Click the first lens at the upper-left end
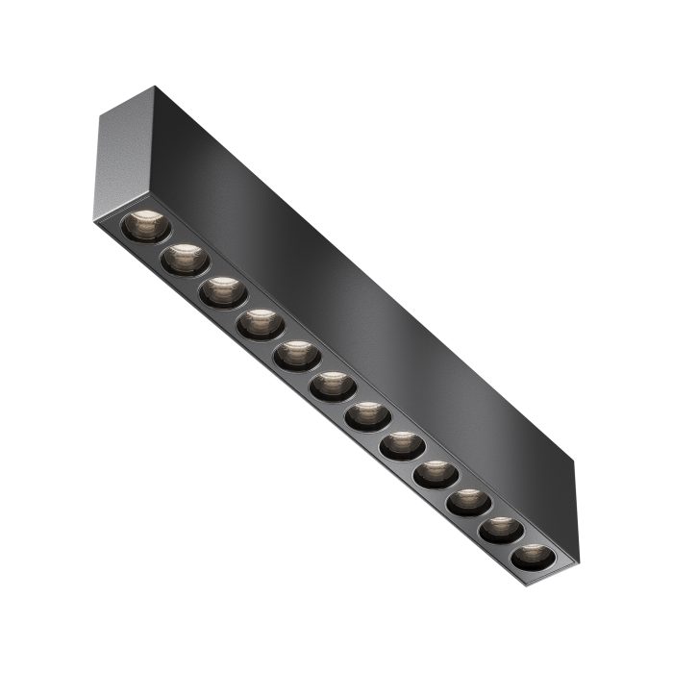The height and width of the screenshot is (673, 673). coord(146,227)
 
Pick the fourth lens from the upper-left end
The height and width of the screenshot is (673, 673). coord(261,324)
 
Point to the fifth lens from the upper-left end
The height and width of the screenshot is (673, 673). coord(297,356)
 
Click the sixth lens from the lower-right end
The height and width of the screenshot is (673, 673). coord(367,416)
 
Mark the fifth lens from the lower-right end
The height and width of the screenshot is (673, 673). coord(402,445)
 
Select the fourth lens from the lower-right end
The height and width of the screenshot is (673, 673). coord(436,474)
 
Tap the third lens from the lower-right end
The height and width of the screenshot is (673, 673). coord(468,502)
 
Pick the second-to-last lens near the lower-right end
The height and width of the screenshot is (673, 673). coord(501,530)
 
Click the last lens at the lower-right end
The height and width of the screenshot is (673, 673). coord(532,557)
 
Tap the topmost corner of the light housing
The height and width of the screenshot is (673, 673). coord(155,87)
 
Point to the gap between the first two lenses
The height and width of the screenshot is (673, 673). coord(165,243)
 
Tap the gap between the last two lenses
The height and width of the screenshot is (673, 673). coord(516,543)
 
